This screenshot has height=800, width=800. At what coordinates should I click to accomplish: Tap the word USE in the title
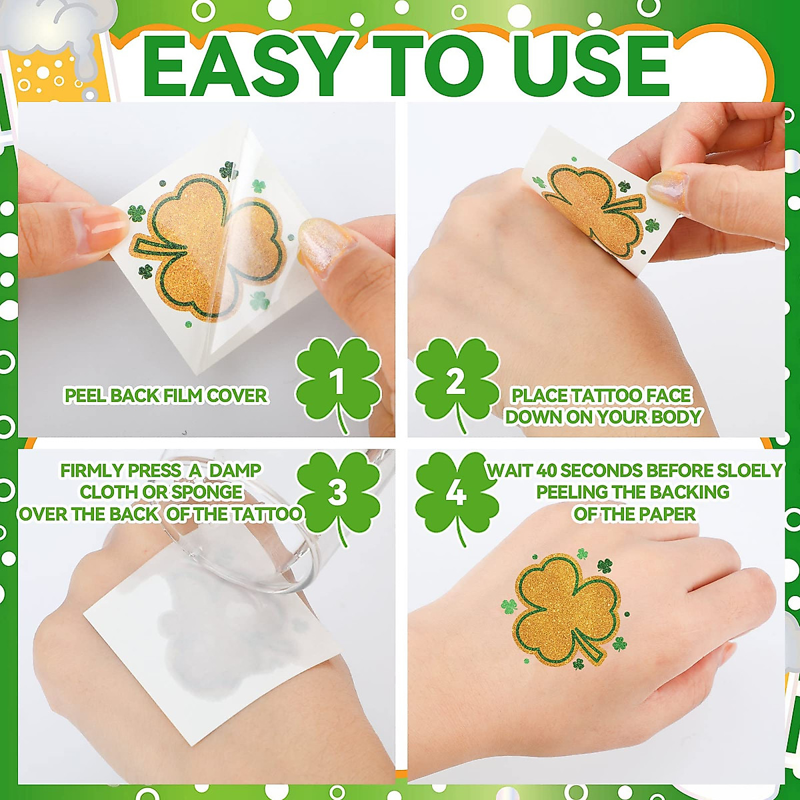click(x=590, y=67)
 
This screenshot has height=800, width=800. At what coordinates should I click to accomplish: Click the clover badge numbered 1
click(x=339, y=382)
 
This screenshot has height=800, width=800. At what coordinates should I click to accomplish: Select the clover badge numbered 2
click(x=457, y=382)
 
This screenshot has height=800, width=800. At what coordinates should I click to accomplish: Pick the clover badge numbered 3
click(x=338, y=493)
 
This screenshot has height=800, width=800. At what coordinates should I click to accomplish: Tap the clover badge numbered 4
click(x=457, y=494)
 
